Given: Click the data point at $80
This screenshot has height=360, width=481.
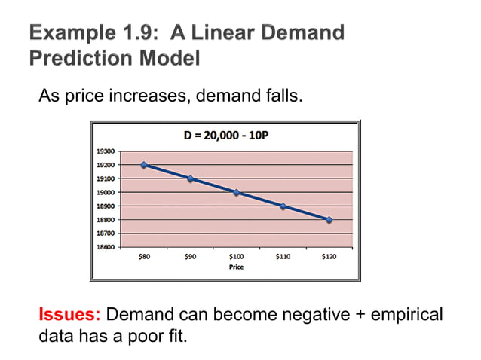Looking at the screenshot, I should click(x=144, y=165).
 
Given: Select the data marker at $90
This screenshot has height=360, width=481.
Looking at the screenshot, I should click(x=190, y=178).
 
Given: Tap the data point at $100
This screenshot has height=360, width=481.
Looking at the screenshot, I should click(x=236, y=192).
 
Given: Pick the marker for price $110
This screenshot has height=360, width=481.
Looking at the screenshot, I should click(x=283, y=206).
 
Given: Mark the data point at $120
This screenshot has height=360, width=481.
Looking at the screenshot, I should click(x=329, y=220).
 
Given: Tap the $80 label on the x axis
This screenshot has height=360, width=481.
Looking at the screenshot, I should click(x=144, y=257).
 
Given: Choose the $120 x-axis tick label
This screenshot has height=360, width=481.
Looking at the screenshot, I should click(x=329, y=257).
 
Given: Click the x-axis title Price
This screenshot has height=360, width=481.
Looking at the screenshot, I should click(x=236, y=267).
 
